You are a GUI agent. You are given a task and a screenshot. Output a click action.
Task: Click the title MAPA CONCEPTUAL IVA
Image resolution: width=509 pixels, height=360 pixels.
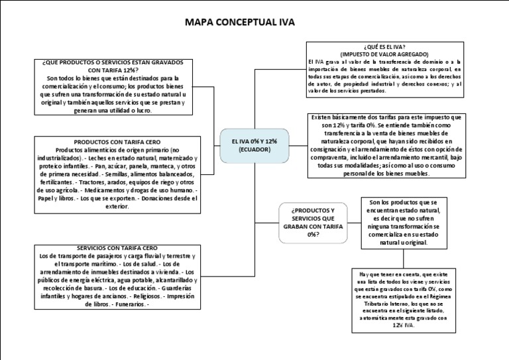pos(239,23)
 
